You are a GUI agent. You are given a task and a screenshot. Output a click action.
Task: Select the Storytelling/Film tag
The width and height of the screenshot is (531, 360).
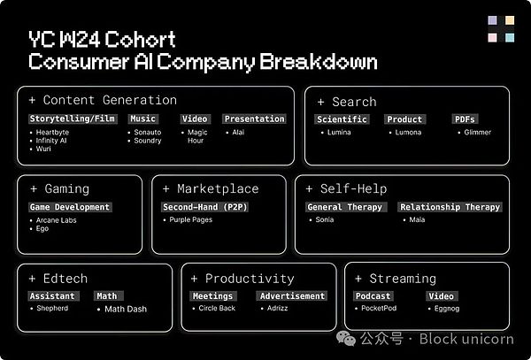click(x=73, y=119)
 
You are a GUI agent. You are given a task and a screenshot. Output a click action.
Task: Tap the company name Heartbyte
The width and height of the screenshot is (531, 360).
click(x=53, y=133)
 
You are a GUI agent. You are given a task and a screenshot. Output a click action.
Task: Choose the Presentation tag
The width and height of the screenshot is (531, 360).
click(x=254, y=119)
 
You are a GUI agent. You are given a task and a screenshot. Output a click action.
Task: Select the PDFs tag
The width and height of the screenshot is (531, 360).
click(x=466, y=119)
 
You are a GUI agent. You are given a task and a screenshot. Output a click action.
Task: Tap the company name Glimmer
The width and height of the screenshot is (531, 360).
click(x=477, y=133)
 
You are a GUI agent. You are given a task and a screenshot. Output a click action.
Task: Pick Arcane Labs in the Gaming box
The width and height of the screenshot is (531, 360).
click(x=58, y=220)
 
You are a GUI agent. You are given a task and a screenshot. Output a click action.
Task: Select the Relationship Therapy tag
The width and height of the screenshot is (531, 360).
click(x=450, y=207)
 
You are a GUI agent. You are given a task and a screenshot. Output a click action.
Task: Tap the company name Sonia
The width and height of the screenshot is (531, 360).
click(x=325, y=220)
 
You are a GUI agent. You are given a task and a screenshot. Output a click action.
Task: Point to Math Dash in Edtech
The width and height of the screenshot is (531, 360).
click(x=126, y=310)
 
